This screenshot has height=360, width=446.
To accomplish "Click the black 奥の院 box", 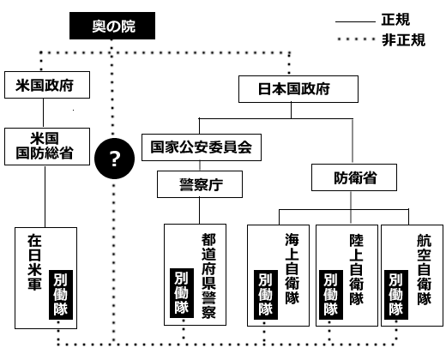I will (x=112, y=28).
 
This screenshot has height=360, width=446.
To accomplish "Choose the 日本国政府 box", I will (x=295, y=88).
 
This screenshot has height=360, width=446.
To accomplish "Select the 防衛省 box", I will (x=353, y=179).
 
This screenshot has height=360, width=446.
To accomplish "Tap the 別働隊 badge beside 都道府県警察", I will (x=179, y=292).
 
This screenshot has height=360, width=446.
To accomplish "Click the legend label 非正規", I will (x=402, y=39).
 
